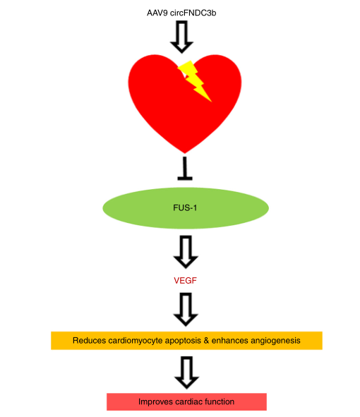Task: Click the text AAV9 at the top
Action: click(157, 13)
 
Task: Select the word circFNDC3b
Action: click(193, 13)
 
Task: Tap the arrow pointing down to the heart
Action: click(181, 37)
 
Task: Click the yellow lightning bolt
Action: click(195, 80)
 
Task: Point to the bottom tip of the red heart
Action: click(185, 153)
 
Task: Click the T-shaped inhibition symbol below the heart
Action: click(185, 169)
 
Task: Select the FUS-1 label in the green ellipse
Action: click(185, 207)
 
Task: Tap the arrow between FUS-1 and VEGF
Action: click(186, 252)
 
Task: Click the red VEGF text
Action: click(185, 280)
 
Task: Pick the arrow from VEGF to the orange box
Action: click(186, 309)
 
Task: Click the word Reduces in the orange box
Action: click(90, 340)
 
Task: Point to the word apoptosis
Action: click(183, 342)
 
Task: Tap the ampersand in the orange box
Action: click(206, 340)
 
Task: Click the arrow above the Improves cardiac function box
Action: click(186, 373)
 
